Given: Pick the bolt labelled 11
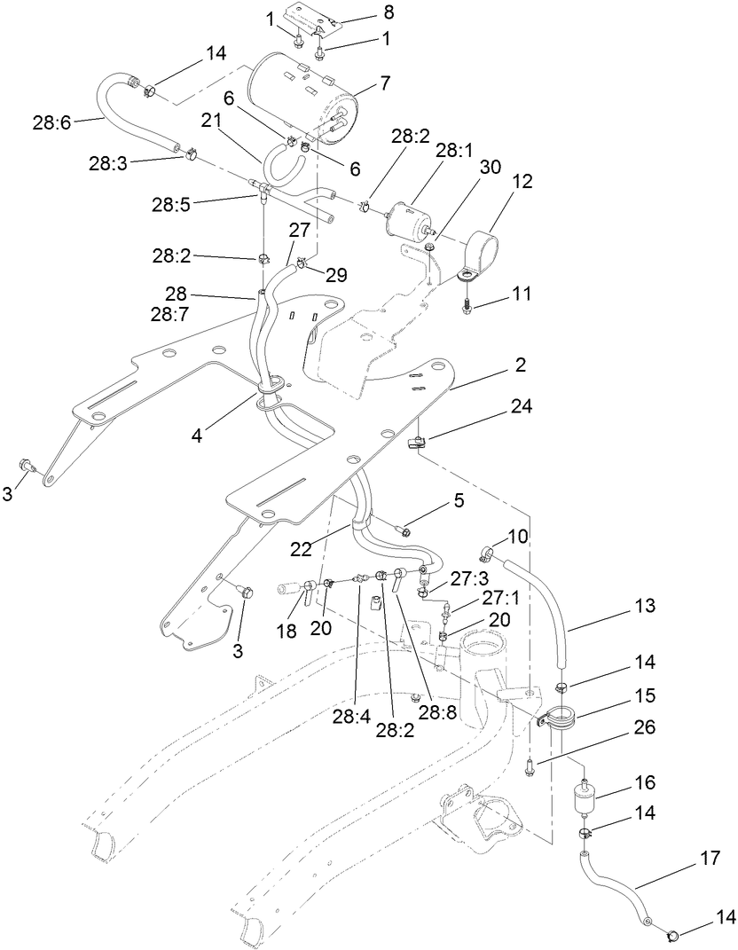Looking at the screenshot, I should [x=466, y=304].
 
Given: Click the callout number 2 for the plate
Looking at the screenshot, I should [x=521, y=365].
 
